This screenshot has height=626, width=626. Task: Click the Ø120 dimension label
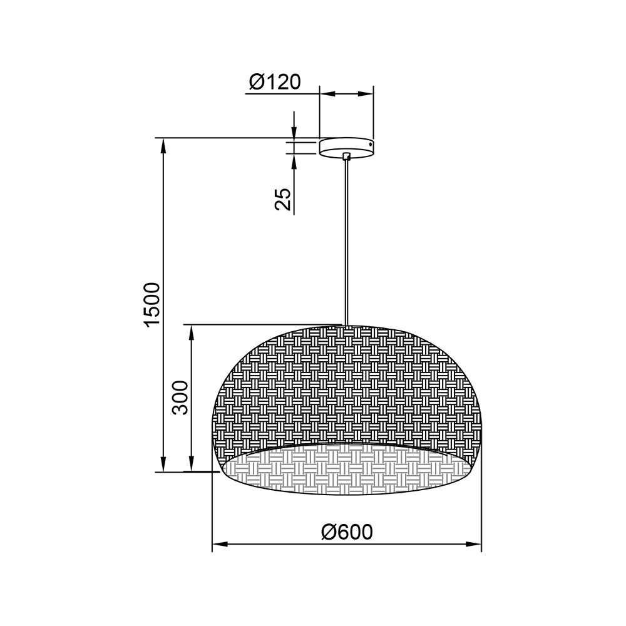pos(275,82)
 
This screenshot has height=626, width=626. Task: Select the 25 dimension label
pos(283,199)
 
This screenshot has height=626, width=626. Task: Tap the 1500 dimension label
pos(153,305)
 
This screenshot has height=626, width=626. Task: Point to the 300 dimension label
pos(180,398)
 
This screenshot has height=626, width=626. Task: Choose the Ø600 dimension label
pos(347,531)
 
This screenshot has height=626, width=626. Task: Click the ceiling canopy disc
pos(347,148)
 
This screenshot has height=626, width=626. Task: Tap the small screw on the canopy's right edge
pos(371,144)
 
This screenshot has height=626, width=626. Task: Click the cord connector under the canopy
pos(347,156)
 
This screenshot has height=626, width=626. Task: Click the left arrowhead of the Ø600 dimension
pos(220,544)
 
